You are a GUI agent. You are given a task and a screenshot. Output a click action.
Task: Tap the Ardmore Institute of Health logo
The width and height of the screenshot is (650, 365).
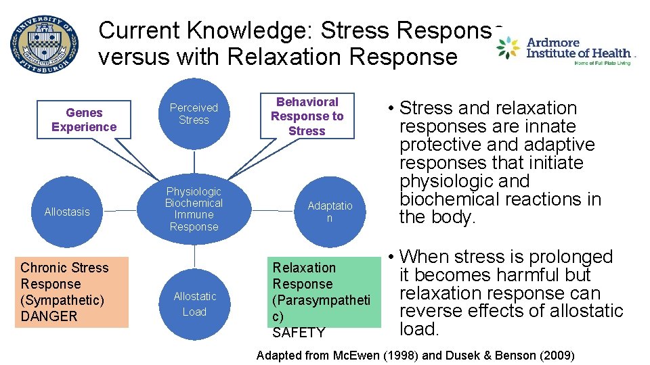pyautogui.click(x=565, y=51)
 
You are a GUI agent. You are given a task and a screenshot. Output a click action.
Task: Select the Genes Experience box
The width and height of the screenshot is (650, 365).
pyautogui.click(x=84, y=120)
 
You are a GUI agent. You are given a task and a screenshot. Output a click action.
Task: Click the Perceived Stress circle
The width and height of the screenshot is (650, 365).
pyautogui.click(x=194, y=114)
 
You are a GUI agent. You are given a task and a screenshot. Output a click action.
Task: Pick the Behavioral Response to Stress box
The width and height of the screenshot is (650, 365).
pyautogui.click(x=307, y=116)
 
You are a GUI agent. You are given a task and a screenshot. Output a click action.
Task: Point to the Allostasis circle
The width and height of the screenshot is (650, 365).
pyautogui.click(x=67, y=212)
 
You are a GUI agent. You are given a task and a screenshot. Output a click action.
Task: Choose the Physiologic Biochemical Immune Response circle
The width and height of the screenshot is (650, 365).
pyautogui.click(x=194, y=210)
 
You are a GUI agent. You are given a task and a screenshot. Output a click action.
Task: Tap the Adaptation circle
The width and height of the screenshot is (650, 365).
pyautogui.click(x=330, y=212)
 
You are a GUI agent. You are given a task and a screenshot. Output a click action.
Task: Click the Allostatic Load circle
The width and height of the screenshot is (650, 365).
pyautogui.click(x=194, y=303)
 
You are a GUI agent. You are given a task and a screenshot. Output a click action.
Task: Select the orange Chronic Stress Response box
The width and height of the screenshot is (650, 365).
pyautogui.click(x=71, y=292)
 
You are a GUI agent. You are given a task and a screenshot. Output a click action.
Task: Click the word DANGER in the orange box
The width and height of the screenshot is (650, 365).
pyautogui.click(x=49, y=316)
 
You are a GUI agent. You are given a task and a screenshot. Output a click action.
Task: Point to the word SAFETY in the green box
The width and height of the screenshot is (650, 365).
pyautogui.click(x=299, y=333)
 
